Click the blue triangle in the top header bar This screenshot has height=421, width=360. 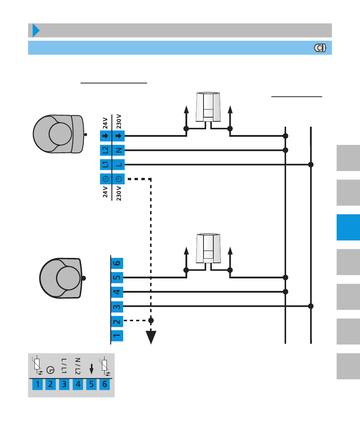[x=36, y=30]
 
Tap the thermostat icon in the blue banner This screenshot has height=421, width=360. [x=321, y=48]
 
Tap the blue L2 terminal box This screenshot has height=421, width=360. [x=105, y=150]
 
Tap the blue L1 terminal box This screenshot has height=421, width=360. [x=105, y=165]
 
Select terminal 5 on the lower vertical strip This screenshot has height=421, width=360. [x=117, y=277]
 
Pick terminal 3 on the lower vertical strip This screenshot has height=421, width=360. [x=117, y=306]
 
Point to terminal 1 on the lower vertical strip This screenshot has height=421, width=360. [x=117, y=335]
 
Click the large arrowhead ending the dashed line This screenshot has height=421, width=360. [x=151, y=337]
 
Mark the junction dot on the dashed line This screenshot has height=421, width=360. [x=151, y=320]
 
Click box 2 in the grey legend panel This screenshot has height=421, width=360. [x=51, y=385]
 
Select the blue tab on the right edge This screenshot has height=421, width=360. [x=348, y=227]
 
